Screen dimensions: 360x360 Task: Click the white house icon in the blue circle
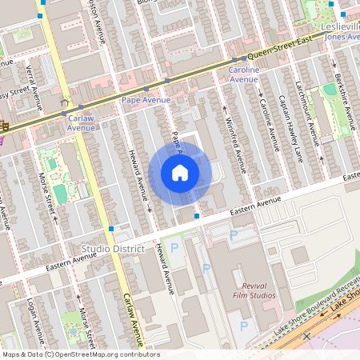180,172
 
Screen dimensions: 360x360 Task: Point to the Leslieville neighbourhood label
341,26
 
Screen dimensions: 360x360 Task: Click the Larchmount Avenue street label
310,112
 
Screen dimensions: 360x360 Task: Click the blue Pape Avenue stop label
146,100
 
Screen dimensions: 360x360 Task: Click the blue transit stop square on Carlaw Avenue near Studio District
110,229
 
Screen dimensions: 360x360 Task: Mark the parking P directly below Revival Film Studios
244,326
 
